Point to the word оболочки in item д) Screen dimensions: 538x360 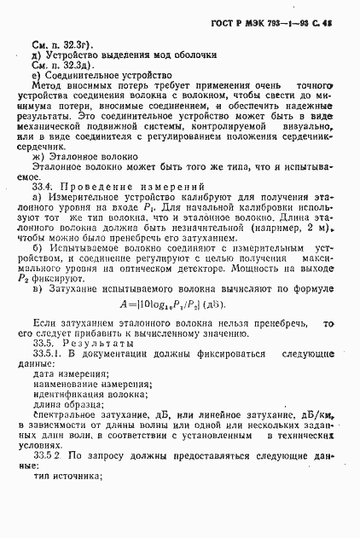click(x=195, y=54)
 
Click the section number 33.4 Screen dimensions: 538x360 click(x=44, y=186)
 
